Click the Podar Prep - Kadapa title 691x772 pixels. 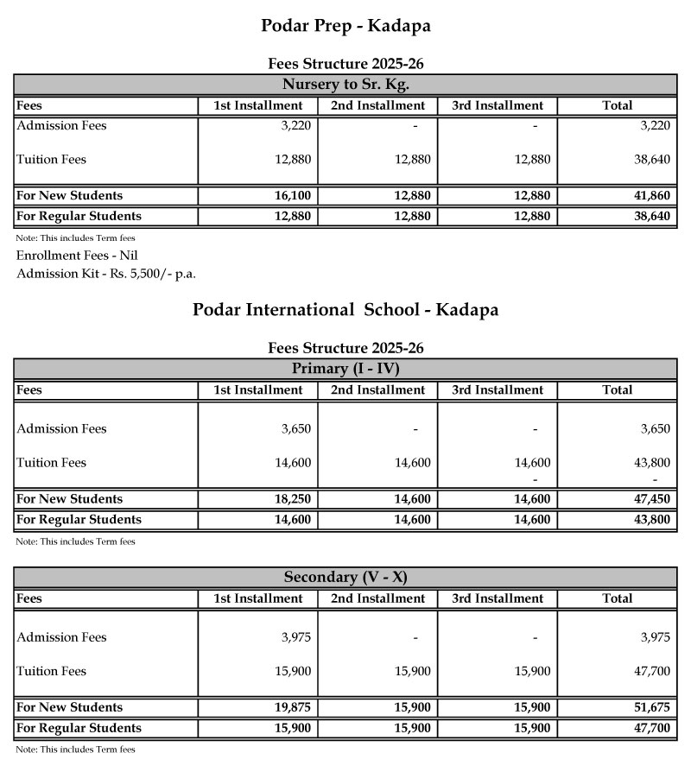tap(345, 26)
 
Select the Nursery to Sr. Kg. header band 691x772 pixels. tap(345, 85)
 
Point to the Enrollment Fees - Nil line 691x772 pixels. tap(77, 256)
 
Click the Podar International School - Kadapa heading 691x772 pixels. tap(345, 310)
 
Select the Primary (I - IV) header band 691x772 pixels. tap(345, 369)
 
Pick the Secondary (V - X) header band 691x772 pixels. tap(345, 577)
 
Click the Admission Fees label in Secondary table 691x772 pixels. tap(61, 637)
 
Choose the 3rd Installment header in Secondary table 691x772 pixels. tap(498, 598)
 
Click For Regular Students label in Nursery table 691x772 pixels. tap(79, 217)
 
